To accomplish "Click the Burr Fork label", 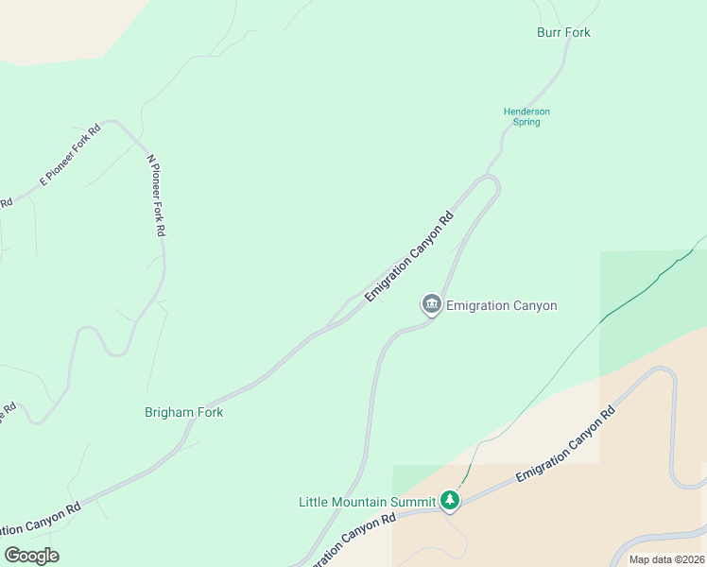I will point(563,32).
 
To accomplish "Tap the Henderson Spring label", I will point(526,116).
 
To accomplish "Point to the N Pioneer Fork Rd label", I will point(157,196).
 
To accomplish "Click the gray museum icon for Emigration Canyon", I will point(432,304).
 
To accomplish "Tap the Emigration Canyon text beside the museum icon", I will point(501,305).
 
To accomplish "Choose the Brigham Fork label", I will point(183,413).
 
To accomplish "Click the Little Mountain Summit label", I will point(367,501).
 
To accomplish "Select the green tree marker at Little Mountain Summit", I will point(451,500).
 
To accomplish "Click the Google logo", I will point(31,556).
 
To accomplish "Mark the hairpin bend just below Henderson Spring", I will point(492,181).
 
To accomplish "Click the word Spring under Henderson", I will point(526,122).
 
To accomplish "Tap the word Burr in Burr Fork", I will point(549,32).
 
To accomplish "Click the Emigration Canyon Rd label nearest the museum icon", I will point(409,255).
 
